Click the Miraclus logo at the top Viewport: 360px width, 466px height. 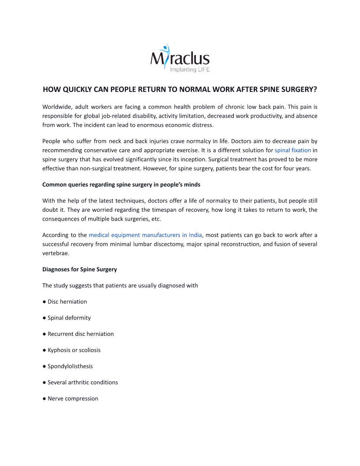(x=180, y=57)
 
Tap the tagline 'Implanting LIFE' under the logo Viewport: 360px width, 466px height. (x=190, y=70)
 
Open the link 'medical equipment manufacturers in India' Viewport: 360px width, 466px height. (x=145, y=235)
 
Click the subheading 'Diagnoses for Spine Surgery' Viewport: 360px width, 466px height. (x=79, y=269)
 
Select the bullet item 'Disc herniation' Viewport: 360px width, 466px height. (x=67, y=302)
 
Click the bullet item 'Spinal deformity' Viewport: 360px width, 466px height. (x=69, y=318)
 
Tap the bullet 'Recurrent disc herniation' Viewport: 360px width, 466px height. (x=80, y=334)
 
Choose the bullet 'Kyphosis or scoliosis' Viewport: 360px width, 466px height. (x=74, y=350)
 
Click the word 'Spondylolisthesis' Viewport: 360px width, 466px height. (x=70, y=366)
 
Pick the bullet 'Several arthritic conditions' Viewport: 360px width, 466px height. (x=82, y=383)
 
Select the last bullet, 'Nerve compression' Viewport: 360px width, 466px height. (x=73, y=398)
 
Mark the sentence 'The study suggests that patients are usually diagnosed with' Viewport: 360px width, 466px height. (x=120, y=286)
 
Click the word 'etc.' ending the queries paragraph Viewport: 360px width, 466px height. (x=156, y=219)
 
